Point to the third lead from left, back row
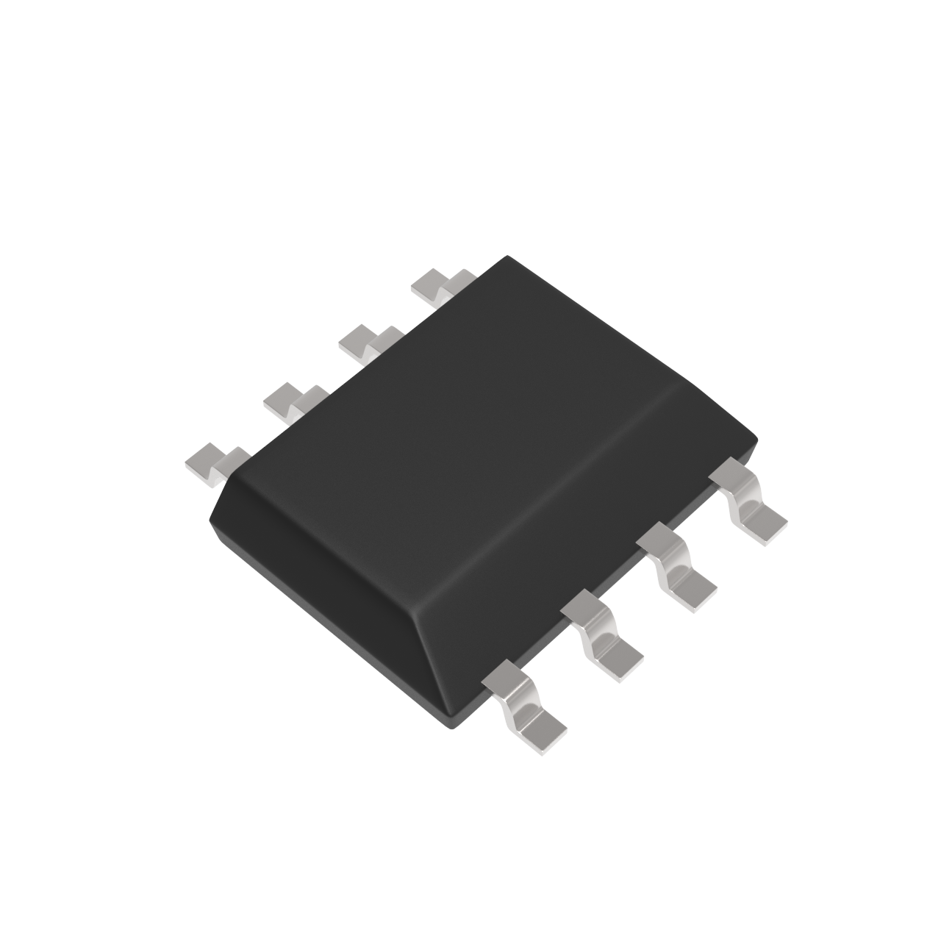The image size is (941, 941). [x=368, y=340]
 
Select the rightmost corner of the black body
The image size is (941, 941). [x=756, y=440]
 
